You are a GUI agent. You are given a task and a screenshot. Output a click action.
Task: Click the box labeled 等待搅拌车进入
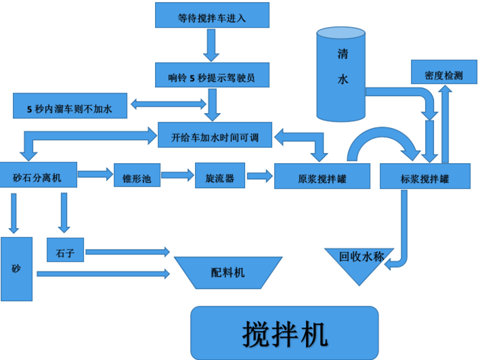[x=212, y=15]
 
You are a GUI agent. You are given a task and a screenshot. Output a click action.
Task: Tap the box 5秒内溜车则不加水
[x=70, y=106]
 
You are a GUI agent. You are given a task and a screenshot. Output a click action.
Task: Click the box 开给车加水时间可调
[x=215, y=135]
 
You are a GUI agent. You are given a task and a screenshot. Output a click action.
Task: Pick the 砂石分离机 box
[x=39, y=177]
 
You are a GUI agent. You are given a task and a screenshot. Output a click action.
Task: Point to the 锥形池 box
[x=136, y=177]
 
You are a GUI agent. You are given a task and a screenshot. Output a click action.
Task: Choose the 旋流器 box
[x=219, y=177]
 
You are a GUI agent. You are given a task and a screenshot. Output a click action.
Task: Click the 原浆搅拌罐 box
[x=322, y=177]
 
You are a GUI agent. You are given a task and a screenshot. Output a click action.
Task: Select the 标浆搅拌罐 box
[x=425, y=177]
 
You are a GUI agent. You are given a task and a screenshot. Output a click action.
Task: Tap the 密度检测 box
[x=443, y=74]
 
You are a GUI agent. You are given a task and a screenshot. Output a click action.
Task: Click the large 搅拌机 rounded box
[x=284, y=332]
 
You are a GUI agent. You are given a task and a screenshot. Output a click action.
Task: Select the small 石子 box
[x=66, y=250]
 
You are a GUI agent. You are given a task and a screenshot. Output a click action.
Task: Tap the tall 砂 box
[x=17, y=269]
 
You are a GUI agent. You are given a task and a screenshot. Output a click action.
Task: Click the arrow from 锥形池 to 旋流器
[x=177, y=176]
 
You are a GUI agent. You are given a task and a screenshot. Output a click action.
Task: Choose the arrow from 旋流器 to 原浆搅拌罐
[x=259, y=176]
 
